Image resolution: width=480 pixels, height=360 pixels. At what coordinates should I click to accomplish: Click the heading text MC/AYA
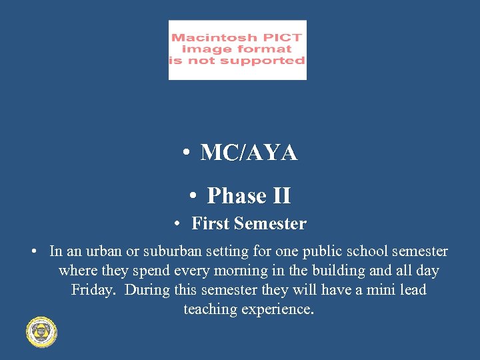coord(249,153)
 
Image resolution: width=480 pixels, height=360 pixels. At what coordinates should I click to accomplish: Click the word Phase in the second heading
coord(237,196)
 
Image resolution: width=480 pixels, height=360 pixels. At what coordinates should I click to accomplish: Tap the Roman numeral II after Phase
coord(282,196)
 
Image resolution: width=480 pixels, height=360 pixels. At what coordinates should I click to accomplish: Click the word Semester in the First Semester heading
coord(269,224)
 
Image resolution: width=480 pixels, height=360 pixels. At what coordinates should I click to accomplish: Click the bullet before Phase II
coord(192,196)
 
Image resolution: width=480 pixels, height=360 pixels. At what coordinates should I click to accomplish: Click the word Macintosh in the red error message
coord(209,38)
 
